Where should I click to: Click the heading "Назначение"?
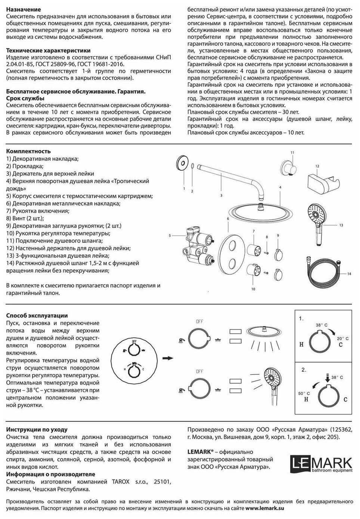point(24,9)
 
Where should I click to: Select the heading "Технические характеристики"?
point(49,50)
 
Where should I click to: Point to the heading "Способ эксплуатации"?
point(37,315)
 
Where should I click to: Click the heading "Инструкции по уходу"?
point(37,430)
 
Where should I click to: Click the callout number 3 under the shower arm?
point(221,195)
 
